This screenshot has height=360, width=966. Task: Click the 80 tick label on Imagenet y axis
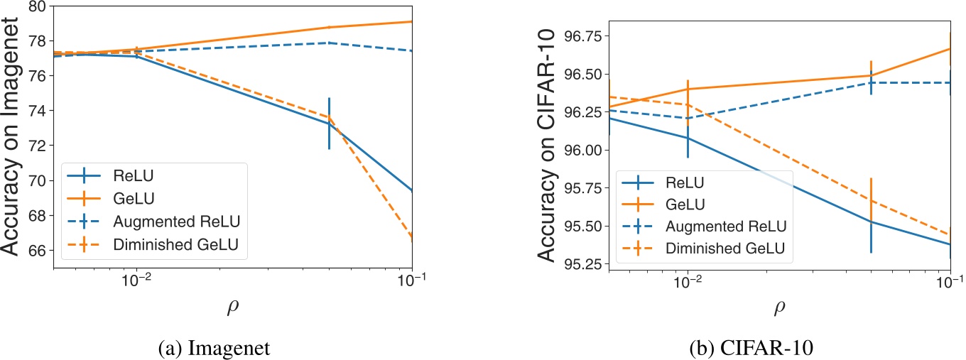36,7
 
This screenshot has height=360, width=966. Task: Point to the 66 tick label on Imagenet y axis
36,250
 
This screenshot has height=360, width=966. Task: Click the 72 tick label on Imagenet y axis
36,146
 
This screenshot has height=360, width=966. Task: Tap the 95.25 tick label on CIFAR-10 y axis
584,263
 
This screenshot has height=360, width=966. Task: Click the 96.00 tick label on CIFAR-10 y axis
584,150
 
